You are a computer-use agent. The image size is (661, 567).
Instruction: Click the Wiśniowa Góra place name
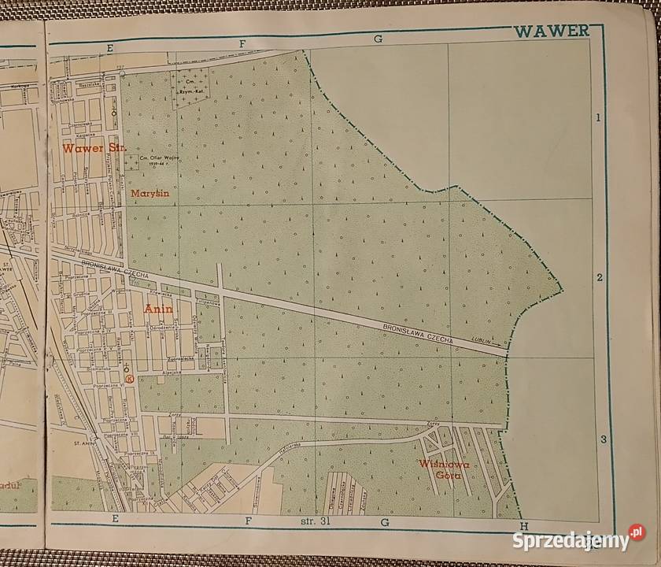point(444,471)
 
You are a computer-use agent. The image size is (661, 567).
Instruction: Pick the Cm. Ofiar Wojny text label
point(157,159)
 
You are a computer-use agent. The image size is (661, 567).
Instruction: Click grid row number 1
point(599,118)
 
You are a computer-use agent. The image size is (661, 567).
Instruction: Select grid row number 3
point(602,439)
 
